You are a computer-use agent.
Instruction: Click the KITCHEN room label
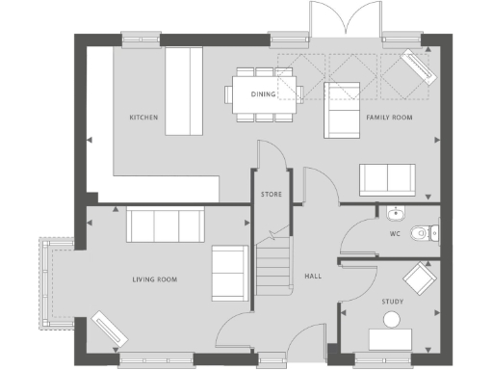pos(144,118)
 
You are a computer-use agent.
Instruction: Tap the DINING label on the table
pos(263,94)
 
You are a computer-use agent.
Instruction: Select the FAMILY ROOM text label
pos(388,118)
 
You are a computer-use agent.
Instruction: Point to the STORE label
pos(271,195)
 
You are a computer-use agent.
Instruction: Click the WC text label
pos(395,234)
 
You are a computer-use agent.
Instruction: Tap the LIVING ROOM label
pos(155,280)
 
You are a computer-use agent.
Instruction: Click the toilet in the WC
pos(423,232)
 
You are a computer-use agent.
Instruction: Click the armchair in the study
pos(419,279)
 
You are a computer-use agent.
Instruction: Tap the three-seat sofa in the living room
pos(166,225)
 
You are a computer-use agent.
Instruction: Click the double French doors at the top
pos(338,21)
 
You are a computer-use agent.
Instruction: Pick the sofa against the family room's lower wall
pos(387,179)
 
